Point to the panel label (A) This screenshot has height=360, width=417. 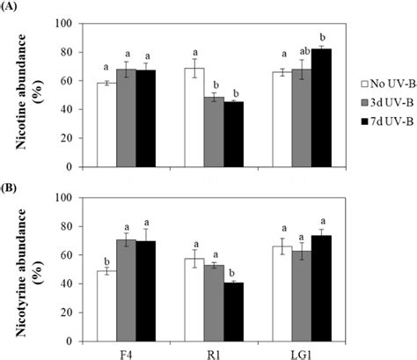coord(11,8)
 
